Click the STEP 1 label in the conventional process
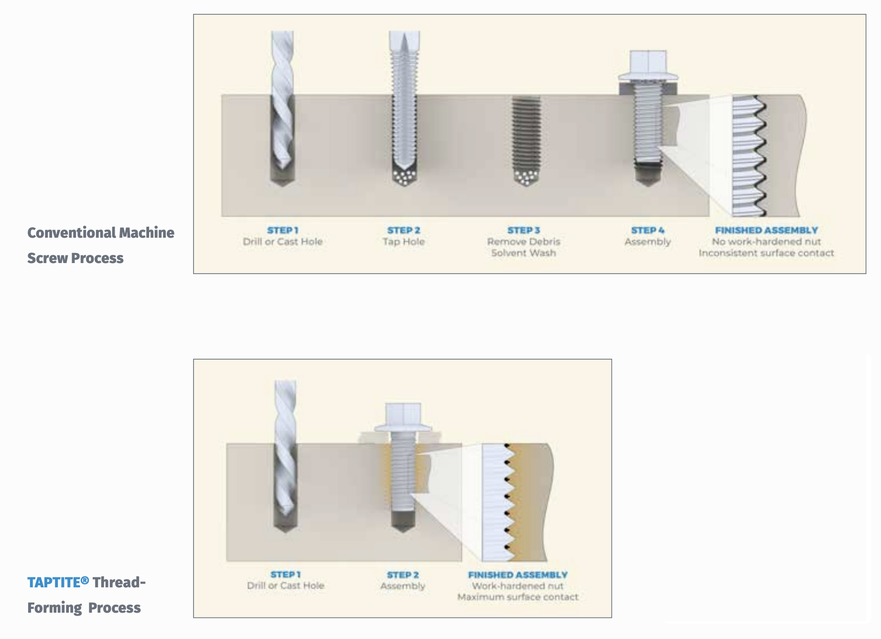tap(283, 230)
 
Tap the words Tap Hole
tap(404, 242)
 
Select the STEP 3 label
tap(524, 230)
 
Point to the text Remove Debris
tap(524, 242)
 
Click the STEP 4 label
tap(647, 230)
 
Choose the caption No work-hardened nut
tap(766, 242)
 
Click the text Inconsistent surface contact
tap(766, 253)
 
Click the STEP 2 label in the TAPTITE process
tap(403, 574)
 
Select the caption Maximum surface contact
tap(518, 597)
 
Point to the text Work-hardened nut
tap(518, 586)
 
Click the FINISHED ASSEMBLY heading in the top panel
tap(766, 230)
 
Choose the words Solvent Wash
tap(524, 253)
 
